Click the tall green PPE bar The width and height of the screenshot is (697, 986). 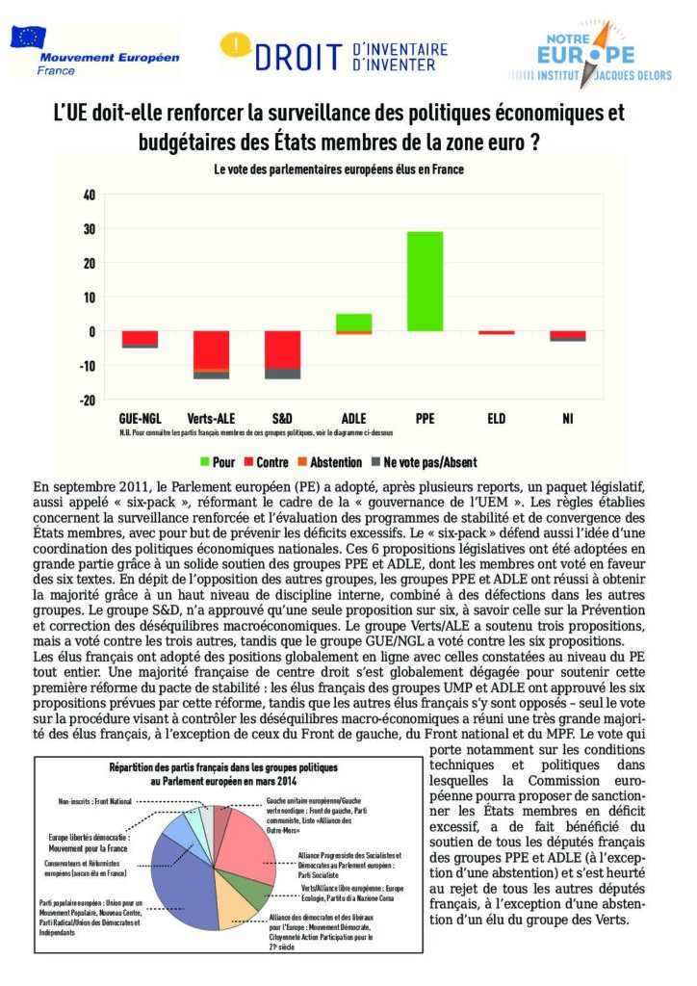click(x=426, y=281)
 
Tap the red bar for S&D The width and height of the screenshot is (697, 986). click(x=282, y=350)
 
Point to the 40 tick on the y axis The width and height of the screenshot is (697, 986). click(x=89, y=195)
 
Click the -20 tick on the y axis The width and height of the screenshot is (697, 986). click(x=87, y=401)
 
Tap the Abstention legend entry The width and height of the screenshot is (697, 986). click(x=329, y=462)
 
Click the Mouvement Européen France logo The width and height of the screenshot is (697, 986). click(x=94, y=50)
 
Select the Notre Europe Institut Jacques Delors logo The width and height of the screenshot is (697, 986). click(x=602, y=55)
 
